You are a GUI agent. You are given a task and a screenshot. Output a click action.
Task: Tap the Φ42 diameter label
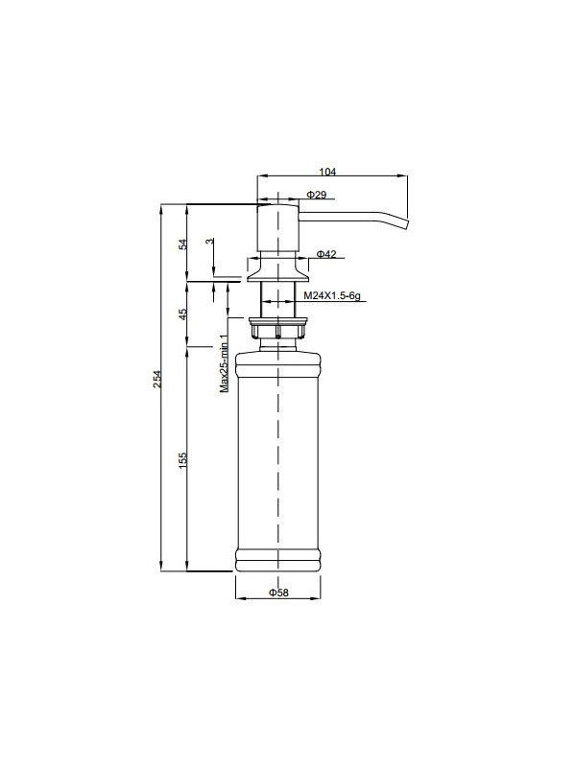(325, 254)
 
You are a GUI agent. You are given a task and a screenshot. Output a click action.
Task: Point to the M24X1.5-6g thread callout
(331, 296)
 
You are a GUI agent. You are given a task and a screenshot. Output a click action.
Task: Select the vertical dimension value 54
(183, 244)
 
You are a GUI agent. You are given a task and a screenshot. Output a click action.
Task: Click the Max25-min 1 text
(222, 363)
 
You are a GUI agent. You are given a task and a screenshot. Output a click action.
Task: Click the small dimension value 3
(210, 243)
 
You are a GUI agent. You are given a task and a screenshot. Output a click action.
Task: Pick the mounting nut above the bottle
(276, 329)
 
